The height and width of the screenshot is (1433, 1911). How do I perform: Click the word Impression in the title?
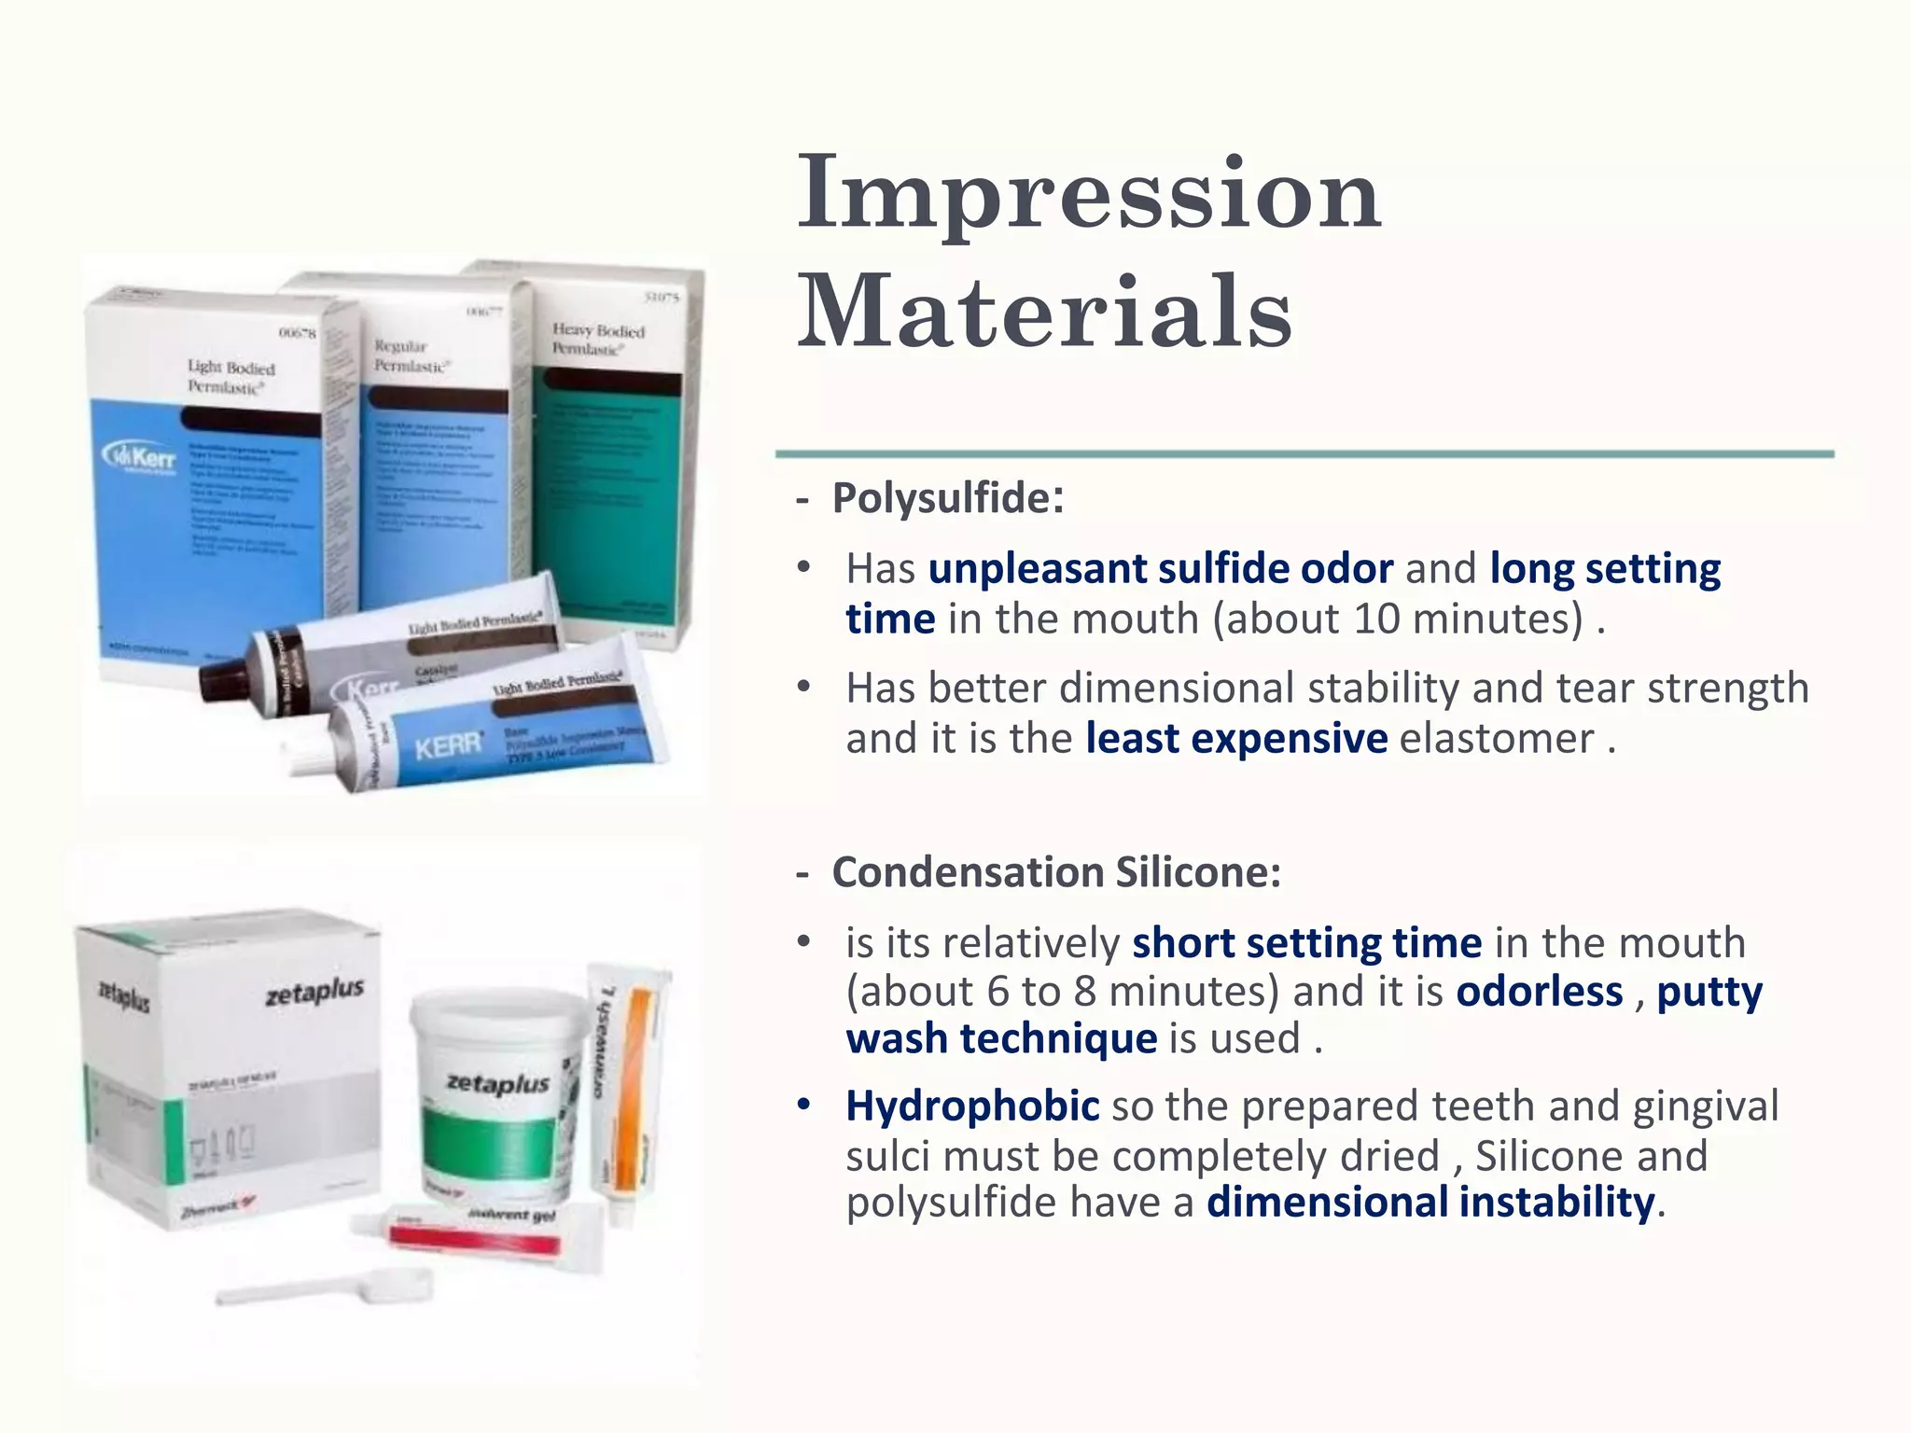[x=1088, y=193]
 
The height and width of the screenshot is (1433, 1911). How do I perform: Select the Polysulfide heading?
[x=946, y=498]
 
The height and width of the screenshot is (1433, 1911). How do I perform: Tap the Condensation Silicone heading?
[x=1055, y=872]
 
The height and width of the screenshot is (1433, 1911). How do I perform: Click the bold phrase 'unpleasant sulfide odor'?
[x=1160, y=568]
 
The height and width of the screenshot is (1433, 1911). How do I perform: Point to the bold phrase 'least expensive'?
[x=1235, y=738]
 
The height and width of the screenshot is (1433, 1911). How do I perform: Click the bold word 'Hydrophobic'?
[x=972, y=1106]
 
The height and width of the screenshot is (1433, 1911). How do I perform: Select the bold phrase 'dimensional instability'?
[x=1430, y=1202]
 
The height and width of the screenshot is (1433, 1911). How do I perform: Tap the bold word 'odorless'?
[x=1539, y=991]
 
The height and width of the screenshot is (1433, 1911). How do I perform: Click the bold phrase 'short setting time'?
[x=1306, y=942]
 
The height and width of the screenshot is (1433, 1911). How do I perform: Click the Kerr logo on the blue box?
[x=140, y=457]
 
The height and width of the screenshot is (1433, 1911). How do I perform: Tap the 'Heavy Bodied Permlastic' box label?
[x=597, y=339]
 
